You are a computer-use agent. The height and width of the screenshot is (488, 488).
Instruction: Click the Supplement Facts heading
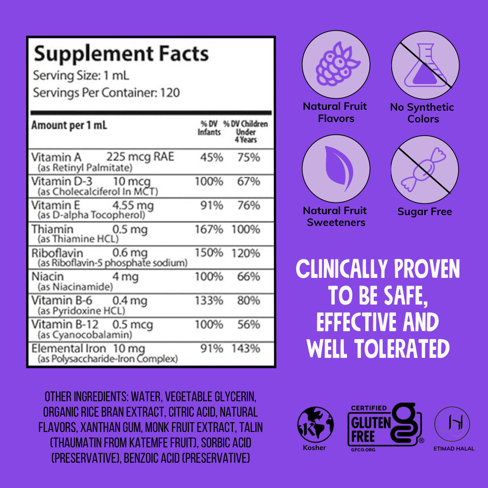click(121, 54)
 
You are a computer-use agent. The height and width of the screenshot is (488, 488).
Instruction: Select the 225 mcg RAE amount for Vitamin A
click(140, 157)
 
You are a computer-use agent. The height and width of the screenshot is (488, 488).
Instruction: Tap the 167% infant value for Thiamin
click(209, 229)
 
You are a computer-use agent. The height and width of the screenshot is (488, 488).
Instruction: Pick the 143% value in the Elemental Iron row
click(246, 349)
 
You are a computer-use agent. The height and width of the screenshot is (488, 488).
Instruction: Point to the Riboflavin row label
click(57, 253)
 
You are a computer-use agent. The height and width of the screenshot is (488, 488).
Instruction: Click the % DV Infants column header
click(209, 128)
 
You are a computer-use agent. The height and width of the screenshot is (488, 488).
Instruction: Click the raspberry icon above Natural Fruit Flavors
click(336, 65)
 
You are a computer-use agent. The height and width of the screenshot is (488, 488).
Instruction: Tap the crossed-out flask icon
click(425, 66)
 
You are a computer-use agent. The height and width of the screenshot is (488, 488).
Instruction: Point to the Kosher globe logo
click(315, 425)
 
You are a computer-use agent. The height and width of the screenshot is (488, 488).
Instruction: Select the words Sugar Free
click(425, 211)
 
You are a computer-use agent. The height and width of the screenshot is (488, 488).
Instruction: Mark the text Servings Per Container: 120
click(107, 93)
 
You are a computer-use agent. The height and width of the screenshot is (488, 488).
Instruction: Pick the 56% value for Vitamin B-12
click(249, 324)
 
